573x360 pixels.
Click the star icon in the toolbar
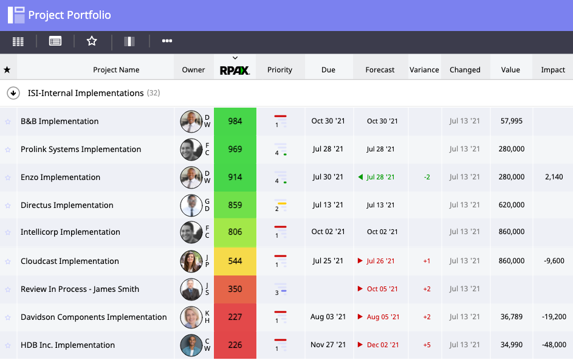tap(92, 41)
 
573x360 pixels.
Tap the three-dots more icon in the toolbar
tap(167, 41)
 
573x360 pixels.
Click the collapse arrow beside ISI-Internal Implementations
tap(13, 93)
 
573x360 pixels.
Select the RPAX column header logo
tap(235, 70)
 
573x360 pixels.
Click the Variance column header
tap(424, 70)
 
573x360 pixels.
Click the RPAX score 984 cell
tap(235, 121)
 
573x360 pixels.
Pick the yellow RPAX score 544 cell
tap(235, 261)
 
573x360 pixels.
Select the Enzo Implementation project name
tap(60, 177)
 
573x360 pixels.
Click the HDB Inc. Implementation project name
tap(67, 345)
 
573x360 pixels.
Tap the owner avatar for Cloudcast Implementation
tap(191, 261)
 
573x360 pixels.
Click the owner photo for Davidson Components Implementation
tap(191, 317)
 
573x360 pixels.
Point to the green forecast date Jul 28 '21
tap(380, 177)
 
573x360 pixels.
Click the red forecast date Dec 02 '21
tap(383, 345)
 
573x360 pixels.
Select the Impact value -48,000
tap(555, 345)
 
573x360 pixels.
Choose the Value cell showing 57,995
tap(512, 121)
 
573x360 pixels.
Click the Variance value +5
tap(427, 345)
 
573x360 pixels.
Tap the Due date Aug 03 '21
tap(328, 317)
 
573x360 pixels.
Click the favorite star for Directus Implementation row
tap(8, 206)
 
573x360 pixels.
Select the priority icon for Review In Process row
tap(280, 289)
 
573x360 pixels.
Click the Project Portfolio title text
tap(69, 15)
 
